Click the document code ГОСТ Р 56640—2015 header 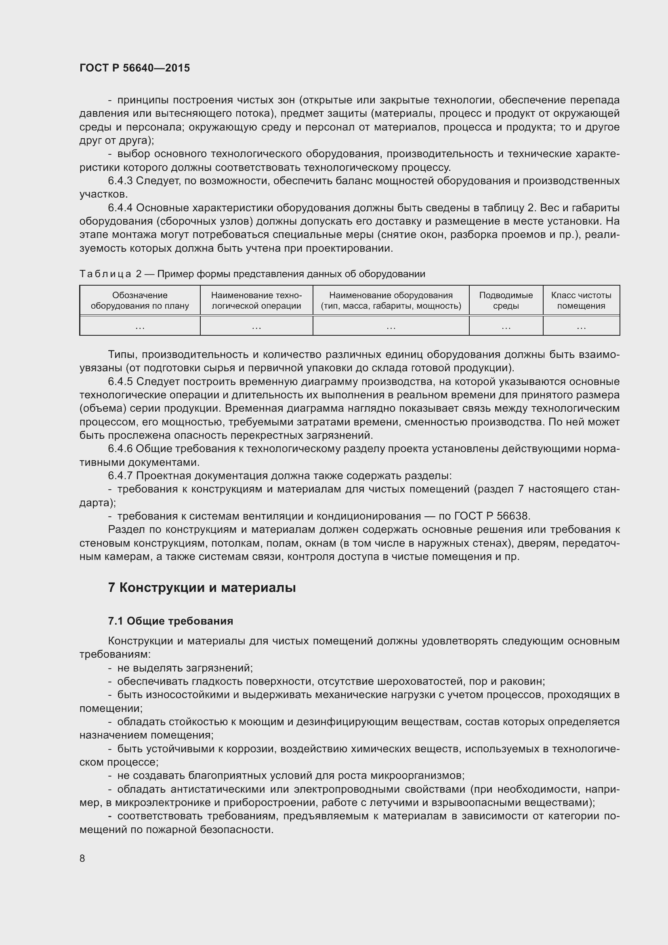tap(134, 68)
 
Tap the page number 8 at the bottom tap(82, 858)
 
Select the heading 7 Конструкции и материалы tap(202, 587)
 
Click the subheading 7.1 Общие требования tap(170, 621)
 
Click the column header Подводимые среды tap(506, 301)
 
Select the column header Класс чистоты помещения tap(581, 301)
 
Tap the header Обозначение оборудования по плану tap(140, 301)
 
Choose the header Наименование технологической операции tap(256, 301)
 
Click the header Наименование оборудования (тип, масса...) tap(391, 301)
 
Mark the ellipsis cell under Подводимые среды tap(506, 327)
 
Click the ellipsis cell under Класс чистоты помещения tap(581, 327)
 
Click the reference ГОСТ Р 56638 tap(492, 516)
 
